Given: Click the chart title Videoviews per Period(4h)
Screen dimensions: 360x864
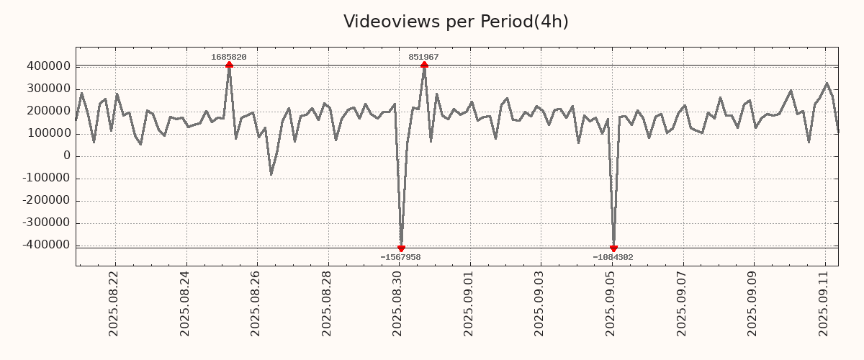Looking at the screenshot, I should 456,22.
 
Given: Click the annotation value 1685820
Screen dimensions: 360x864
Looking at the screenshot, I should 229,57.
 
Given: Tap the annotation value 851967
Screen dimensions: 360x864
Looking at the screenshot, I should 423,57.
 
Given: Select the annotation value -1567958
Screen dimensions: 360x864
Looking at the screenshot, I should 400,257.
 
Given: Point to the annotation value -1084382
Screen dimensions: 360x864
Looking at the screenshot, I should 613,257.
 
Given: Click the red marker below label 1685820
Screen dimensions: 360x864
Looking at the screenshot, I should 229,65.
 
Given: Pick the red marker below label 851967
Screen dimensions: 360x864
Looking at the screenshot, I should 424,65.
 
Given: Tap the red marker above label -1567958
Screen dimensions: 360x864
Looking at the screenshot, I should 401,248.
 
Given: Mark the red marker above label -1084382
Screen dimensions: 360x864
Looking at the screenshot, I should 613,248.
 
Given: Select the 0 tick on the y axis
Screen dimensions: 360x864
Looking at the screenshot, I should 67,156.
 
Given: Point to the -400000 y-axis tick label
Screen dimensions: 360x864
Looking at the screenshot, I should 46,245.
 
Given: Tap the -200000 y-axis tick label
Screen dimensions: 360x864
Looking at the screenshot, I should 46,200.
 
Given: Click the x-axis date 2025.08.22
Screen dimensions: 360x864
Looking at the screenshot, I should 114,303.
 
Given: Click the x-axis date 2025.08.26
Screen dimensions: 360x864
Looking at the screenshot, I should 256,303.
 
